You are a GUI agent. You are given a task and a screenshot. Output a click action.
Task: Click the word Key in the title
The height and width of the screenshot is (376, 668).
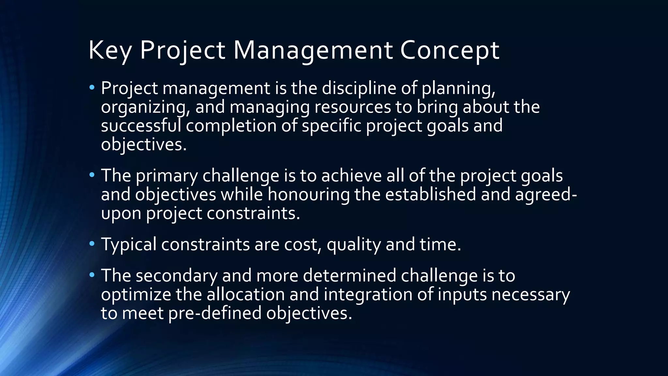[x=110, y=51]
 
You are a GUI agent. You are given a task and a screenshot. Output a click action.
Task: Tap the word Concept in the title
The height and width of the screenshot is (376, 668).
[x=449, y=51]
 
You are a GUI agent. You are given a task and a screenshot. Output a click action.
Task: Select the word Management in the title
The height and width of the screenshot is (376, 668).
[x=313, y=51]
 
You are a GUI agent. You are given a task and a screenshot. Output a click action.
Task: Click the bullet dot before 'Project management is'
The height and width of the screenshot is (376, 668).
[x=92, y=87]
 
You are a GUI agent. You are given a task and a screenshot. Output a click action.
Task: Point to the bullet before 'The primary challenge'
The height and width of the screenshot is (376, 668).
[x=92, y=175]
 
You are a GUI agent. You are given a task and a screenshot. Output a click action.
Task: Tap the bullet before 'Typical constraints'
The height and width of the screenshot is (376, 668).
[x=92, y=243]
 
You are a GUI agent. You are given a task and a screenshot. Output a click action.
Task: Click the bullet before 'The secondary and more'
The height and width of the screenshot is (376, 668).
[x=92, y=275]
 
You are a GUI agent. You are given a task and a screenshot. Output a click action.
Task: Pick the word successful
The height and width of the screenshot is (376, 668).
[x=141, y=126]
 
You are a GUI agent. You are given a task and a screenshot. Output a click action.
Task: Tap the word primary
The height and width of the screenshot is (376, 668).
[x=166, y=176]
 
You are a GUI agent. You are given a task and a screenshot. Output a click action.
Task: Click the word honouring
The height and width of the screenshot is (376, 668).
[x=309, y=194]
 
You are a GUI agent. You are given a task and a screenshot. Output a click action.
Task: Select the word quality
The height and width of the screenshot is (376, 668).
[x=354, y=244]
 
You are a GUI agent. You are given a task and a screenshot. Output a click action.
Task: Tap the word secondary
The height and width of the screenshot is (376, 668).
[x=176, y=275]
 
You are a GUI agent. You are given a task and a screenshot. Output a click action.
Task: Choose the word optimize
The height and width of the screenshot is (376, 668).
[x=136, y=294]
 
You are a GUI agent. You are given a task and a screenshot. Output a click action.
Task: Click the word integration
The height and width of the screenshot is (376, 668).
[x=368, y=294]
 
